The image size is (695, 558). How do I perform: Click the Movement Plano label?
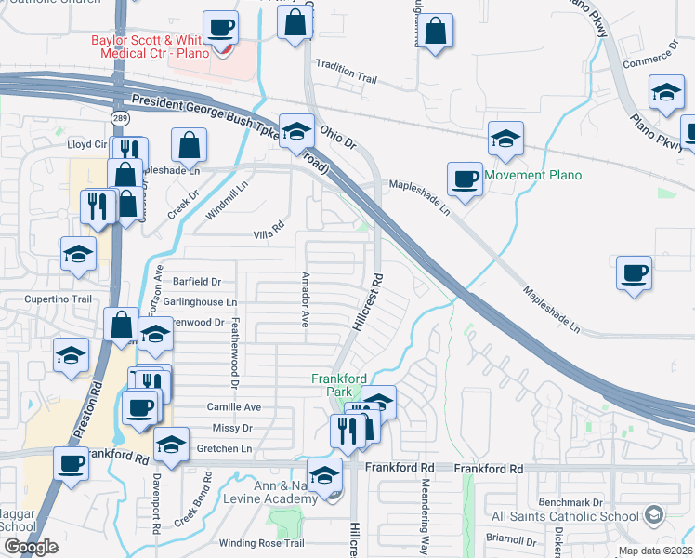coord(532,175)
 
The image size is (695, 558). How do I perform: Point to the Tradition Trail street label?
coord(347,66)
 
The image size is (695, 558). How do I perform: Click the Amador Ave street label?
coord(305,300)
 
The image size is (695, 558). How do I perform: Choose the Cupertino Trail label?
coord(57,299)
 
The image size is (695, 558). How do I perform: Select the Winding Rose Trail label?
coord(262,543)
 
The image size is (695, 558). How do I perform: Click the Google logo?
coord(31,548)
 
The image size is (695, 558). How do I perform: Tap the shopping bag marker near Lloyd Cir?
coord(189,144)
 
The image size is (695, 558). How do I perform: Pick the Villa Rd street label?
coord(268,236)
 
